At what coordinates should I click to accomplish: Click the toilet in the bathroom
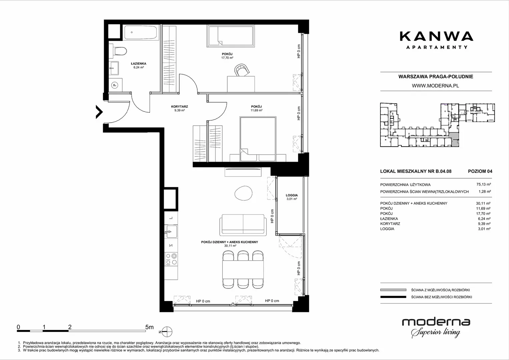[118, 51]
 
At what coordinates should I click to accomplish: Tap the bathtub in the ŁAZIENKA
[140, 33]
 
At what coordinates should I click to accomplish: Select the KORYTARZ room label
[180, 106]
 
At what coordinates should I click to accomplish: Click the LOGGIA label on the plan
[292, 195]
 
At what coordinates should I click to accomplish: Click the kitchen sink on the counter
[171, 232]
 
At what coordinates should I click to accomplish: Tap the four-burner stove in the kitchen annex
[171, 259]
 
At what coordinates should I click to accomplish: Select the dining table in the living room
[243, 270]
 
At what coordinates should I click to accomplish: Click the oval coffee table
[243, 193]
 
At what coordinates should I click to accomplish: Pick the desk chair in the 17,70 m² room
[242, 70]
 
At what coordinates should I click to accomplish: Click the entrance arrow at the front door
[99, 112]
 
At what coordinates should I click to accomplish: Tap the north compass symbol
[167, 332]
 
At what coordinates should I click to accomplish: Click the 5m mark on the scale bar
[150, 327]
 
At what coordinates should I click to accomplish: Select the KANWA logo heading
[436, 36]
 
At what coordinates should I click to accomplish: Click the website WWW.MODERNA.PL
[435, 86]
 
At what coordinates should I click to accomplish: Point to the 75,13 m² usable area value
[484, 185]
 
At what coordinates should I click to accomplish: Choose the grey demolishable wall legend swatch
[393, 290]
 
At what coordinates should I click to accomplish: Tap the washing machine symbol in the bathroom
[115, 85]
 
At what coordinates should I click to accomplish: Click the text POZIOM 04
[480, 171]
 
